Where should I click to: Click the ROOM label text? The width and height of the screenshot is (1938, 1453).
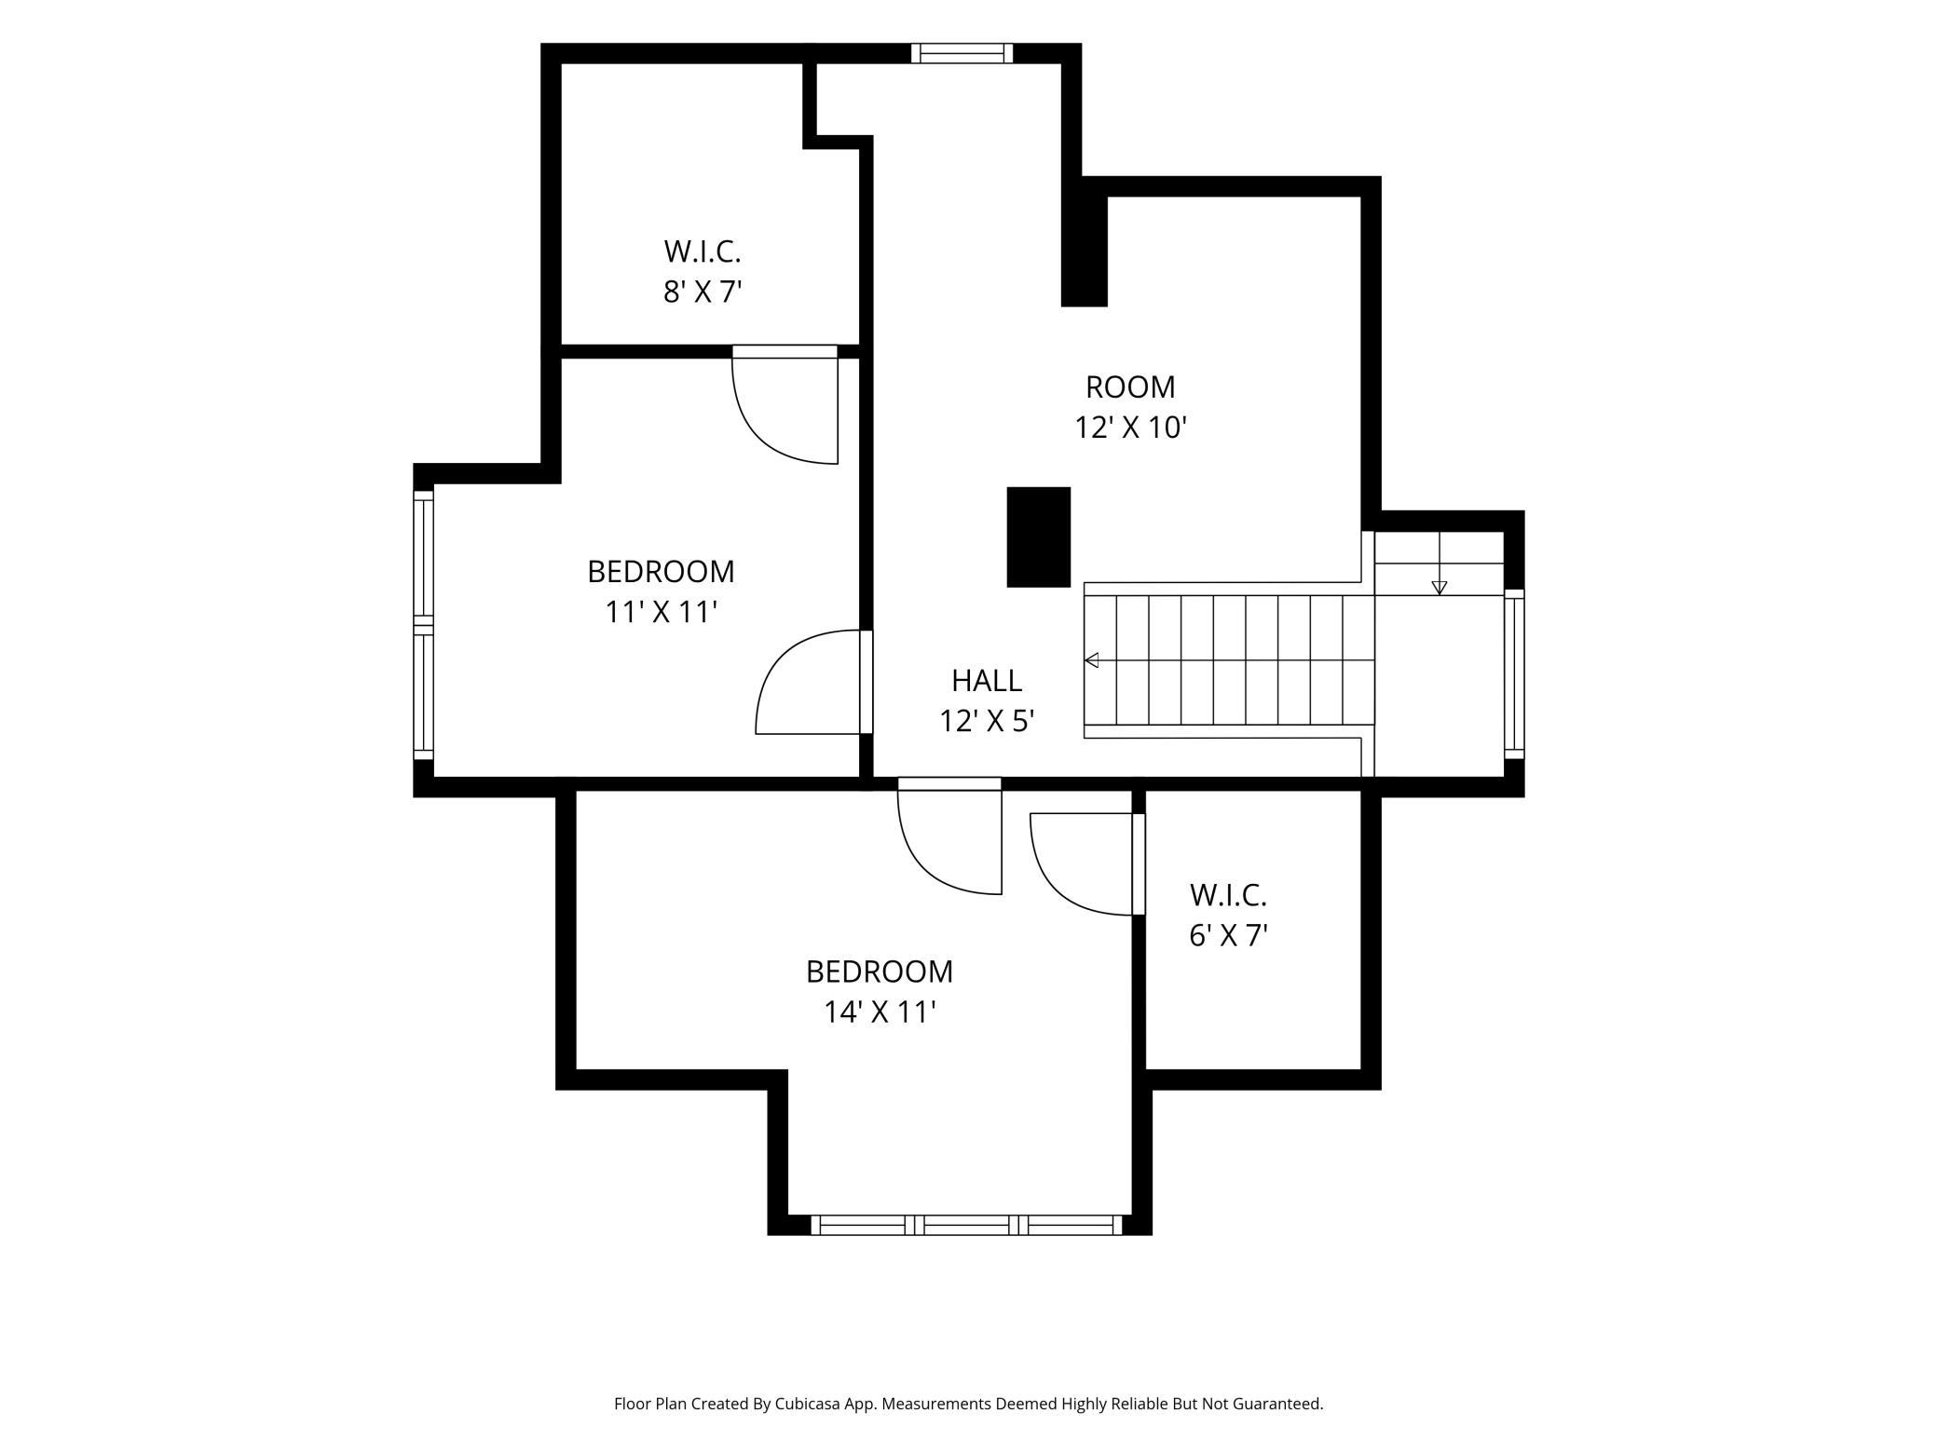pyautogui.click(x=1130, y=387)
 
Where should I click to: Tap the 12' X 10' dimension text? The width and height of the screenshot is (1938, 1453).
pyautogui.click(x=1130, y=428)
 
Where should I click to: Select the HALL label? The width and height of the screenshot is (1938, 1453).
pyautogui.click(x=987, y=681)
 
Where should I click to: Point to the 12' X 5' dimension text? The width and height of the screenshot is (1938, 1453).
pyautogui.click(x=987, y=721)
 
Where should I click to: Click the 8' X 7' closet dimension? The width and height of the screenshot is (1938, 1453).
pyautogui.click(x=703, y=292)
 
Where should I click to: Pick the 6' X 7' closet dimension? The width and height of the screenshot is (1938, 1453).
pyautogui.click(x=1228, y=935)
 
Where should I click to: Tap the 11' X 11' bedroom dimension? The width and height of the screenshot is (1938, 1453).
pyautogui.click(x=661, y=612)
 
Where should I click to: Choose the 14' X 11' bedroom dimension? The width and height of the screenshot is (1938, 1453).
pyautogui.click(x=880, y=1012)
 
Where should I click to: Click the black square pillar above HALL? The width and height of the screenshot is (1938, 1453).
pyautogui.click(x=1038, y=537)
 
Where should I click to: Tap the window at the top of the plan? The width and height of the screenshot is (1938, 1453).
pyautogui.click(x=962, y=53)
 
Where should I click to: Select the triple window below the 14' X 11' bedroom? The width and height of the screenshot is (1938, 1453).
pyautogui.click(x=967, y=1225)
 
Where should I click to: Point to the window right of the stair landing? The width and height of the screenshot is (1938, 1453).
pyautogui.click(x=1514, y=674)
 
